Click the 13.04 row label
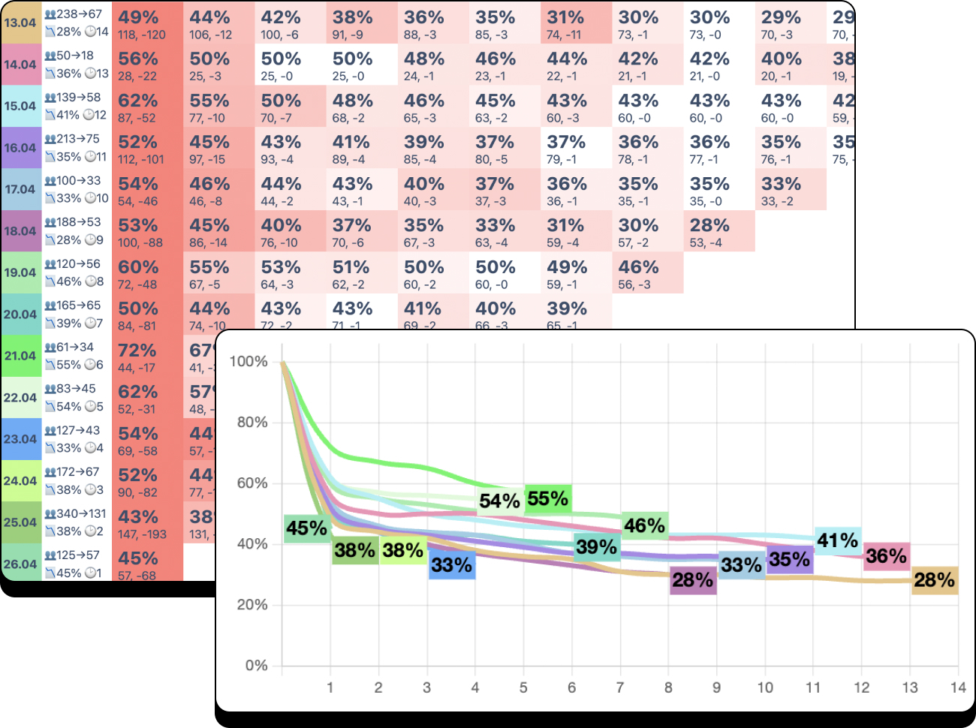pyautogui.click(x=20, y=23)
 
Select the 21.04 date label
pyautogui.click(x=20, y=356)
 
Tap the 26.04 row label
pyautogui.click(x=20, y=564)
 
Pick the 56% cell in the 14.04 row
pyautogui.click(x=147, y=65)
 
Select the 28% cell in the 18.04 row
pyautogui.click(x=718, y=231)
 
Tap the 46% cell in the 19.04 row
pyautogui.click(x=647, y=273)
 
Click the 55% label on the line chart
pyautogui.click(x=547, y=499)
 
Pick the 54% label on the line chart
pyautogui.click(x=499, y=501)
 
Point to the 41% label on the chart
pyautogui.click(x=837, y=540)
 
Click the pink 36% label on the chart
pyautogui.click(x=886, y=556)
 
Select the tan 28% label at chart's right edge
pyautogui.click(x=934, y=579)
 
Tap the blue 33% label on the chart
pyautogui.click(x=451, y=565)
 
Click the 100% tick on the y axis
pyautogui.click(x=249, y=362)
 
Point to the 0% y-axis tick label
pyautogui.click(x=256, y=666)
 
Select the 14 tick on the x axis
pyautogui.click(x=958, y=687)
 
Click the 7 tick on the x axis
pyautogui.click(x=620, y=687)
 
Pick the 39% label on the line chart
pyautogui.click(x=597, y=547)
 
